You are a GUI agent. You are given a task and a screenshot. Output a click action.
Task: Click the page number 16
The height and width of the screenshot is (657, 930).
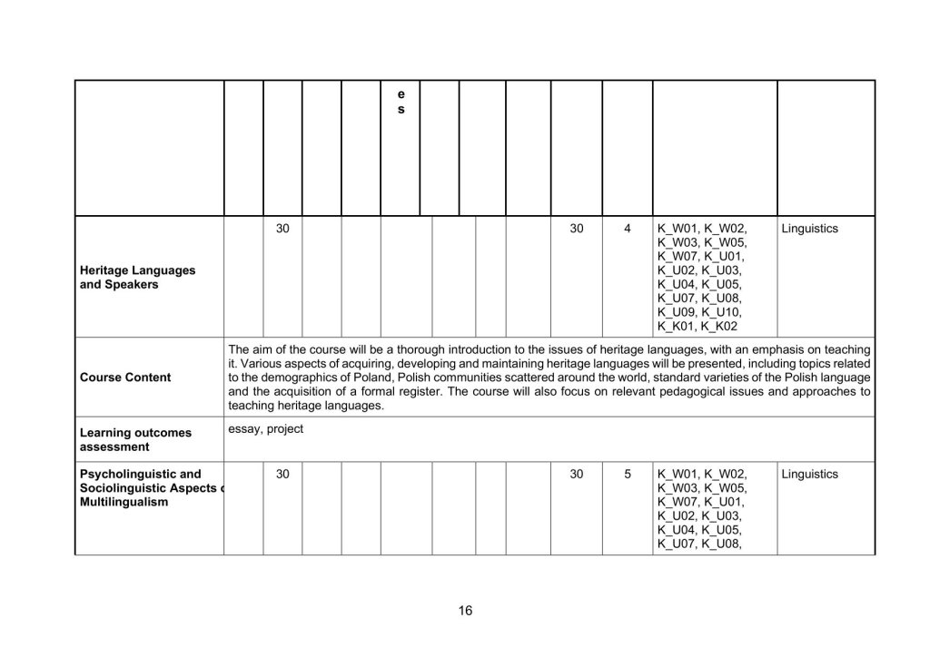tap(465, 611)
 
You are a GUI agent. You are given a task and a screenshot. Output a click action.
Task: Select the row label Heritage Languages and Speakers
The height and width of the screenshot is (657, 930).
tap(137, 278)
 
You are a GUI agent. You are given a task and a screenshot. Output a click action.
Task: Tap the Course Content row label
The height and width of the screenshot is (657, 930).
tap(125, 378)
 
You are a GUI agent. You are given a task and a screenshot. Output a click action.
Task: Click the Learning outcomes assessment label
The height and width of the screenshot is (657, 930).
tap(135, 439)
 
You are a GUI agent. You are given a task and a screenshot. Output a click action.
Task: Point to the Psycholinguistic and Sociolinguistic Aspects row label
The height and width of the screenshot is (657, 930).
tap(149, 487)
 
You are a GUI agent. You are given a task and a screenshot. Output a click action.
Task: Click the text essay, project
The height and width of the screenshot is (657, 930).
tap(265, 429)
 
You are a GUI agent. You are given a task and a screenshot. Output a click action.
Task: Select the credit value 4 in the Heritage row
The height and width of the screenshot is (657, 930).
tap(628, 229)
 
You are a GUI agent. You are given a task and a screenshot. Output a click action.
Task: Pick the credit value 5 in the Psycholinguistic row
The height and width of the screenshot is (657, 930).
tap(628, 474)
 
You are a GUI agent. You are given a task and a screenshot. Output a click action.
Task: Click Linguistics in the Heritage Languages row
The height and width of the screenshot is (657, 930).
tap(809, 229)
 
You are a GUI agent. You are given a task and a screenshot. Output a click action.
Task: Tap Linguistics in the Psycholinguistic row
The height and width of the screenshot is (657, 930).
tap(809, 474)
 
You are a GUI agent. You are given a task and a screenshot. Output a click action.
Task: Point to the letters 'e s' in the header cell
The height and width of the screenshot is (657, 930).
tap(401, 102)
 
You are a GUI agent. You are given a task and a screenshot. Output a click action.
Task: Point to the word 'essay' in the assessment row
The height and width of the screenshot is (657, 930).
tap(244, 429)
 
